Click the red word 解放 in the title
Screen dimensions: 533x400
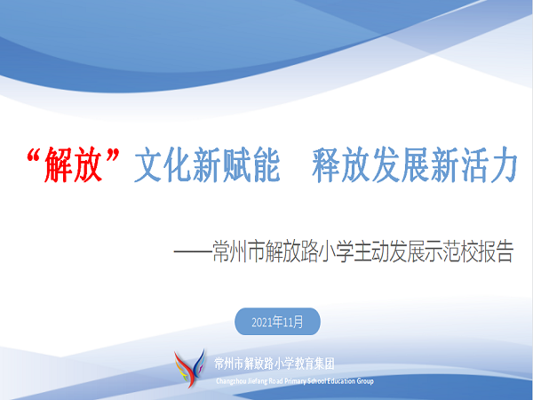[73, 164]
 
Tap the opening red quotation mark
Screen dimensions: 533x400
[35, 155]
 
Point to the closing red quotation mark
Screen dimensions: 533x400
[113, 155]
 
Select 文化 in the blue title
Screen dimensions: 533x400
[163, 165]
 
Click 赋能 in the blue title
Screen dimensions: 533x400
[251, 165]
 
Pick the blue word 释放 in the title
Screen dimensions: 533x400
[341, 165]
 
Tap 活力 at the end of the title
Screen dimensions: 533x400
[489, 165]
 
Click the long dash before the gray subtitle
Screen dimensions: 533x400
[193, 252]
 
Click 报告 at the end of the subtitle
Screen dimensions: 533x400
[496, 252]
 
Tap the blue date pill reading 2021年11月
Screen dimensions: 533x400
[277, 322]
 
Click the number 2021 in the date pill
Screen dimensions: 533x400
[262, 322]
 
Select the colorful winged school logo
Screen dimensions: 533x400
[190, 369]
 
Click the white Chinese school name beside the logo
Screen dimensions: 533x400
[274, 364]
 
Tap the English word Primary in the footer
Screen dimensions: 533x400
[295, 381]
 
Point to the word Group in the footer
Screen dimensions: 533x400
[365, 381]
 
